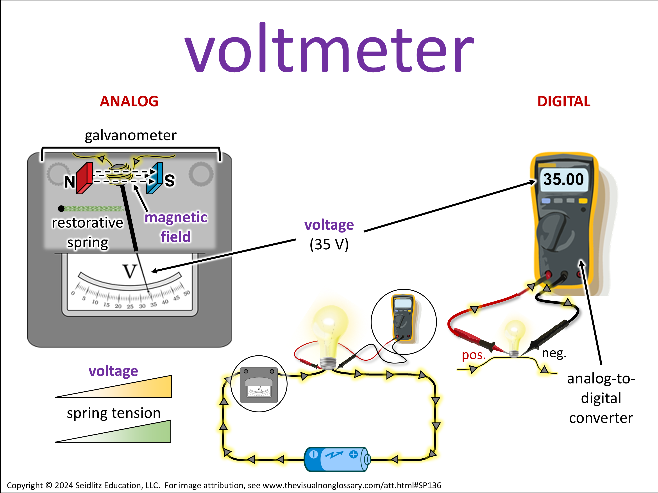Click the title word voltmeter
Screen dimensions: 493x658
tap(329, 49)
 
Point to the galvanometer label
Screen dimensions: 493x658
tap(131, 135)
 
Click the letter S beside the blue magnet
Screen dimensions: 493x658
tap(170, 181)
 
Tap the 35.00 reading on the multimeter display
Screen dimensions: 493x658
tap(563, 179)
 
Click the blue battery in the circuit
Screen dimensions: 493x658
tap(336, 459)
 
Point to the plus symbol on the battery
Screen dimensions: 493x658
tap(353, 454)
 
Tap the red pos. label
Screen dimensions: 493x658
tap(474, 355)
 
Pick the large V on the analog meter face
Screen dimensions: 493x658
tap(130, 271)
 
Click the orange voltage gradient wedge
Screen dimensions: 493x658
tap(143, 388)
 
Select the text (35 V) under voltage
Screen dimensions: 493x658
tap(329, 245)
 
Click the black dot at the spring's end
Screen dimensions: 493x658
tap(61, 209)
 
